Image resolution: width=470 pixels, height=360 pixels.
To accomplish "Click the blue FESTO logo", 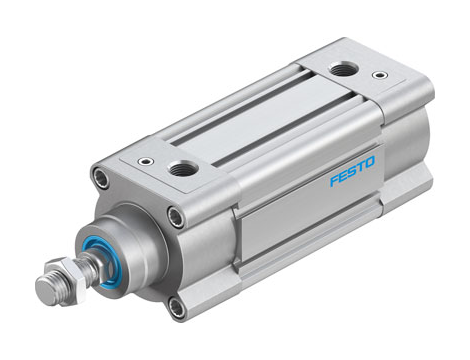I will tap(352, 182).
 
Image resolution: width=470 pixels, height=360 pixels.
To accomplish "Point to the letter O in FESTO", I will tap(370, 177).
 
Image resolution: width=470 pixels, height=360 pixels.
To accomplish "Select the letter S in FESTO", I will tap(352, 182).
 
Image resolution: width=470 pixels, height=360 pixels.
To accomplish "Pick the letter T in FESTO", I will tap(361, 179).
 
